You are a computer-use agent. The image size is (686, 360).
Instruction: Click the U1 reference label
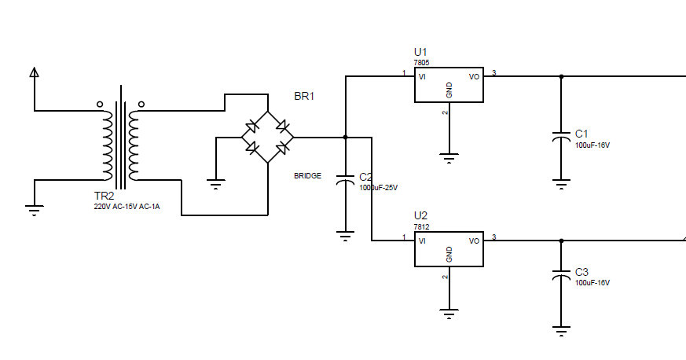tap(420, 52)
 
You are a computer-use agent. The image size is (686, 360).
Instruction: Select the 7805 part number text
tap(422, 63)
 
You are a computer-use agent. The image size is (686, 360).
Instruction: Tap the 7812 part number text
tap(422, 227)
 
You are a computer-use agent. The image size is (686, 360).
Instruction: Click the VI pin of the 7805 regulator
tap(422, 77)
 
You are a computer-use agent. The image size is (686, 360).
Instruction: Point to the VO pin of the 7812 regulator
tap(475, 241)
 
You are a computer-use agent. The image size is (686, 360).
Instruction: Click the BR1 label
tap(304, 96)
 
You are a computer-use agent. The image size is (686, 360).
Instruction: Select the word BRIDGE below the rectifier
tap(307, 176)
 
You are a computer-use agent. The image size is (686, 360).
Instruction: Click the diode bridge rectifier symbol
tap(268, 138)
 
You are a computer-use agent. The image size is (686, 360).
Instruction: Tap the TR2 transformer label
tap(105, 196)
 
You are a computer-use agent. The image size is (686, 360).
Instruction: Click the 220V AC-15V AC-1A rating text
tap(127, 207)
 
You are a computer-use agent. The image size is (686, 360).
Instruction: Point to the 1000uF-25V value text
tap(379, 188)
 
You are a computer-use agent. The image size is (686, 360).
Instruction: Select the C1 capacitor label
tap(581, 134)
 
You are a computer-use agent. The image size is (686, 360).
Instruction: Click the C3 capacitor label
tap(581, 272)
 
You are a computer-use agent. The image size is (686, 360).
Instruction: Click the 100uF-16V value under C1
tap(592, 145)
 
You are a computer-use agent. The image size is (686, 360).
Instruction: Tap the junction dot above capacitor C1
tap(562, 76)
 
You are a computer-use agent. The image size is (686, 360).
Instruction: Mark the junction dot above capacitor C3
tap(562, 241)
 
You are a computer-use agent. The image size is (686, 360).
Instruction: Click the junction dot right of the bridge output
tap(346, 138)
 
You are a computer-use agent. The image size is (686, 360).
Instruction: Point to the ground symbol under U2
tap(449, 314)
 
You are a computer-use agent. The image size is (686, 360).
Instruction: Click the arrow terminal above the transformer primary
tap(34, 72)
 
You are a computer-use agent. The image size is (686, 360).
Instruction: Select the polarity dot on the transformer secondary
tap(141, 104)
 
